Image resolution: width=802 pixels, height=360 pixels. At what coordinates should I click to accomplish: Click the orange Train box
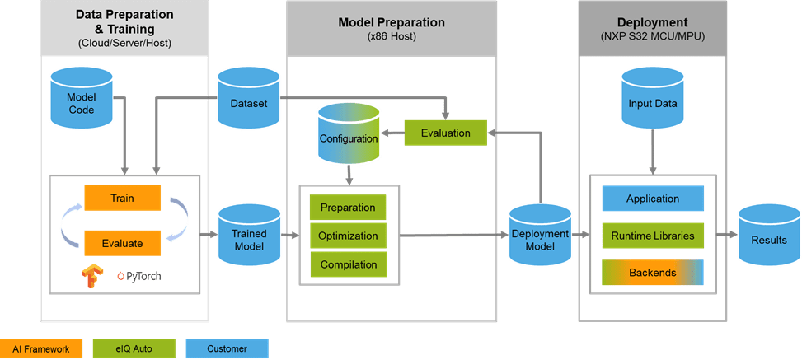(122, 198)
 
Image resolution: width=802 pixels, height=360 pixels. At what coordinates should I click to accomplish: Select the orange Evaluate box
(122, 243)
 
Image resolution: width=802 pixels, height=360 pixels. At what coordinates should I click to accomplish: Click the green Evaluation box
(445, 133)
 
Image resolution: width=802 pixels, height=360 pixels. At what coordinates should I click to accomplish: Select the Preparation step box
(348, 207)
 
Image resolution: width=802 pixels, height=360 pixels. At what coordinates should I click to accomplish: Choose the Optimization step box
(348, 236)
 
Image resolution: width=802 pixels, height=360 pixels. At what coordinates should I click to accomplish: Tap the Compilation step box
(348, 264)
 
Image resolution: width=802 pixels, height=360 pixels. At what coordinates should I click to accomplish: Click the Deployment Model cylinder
(540, 234)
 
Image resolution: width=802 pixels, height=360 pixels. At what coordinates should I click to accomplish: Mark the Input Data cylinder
(653, 100)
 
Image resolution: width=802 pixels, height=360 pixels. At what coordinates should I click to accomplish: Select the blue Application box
(653, 199)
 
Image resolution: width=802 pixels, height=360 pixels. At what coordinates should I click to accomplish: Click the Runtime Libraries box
(653, 236)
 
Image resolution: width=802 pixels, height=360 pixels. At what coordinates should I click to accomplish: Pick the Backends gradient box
(653, 273)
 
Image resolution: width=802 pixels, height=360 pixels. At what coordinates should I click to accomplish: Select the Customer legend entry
(227, 349)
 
